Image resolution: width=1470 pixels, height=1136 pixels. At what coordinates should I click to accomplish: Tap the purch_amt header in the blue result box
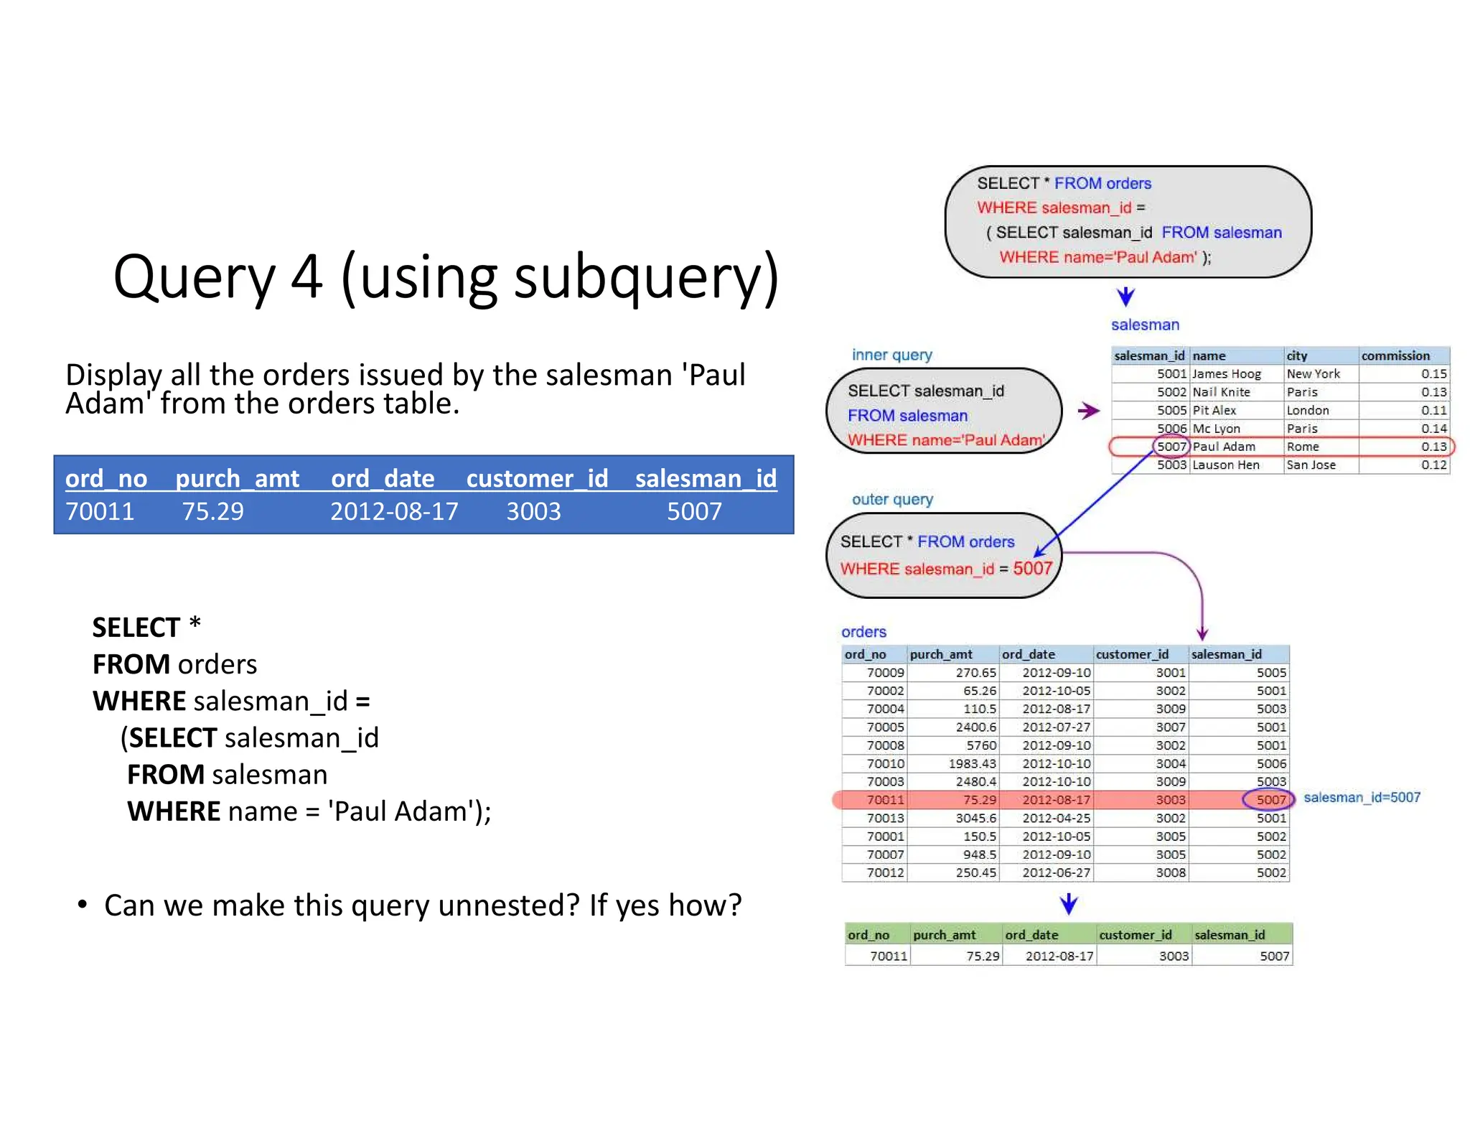(237, 478)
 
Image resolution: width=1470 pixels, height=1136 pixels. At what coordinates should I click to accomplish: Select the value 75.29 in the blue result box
(212, 511)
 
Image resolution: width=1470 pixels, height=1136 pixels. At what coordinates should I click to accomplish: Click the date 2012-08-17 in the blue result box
(393, 511)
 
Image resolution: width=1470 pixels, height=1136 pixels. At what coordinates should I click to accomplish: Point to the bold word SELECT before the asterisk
(136, 628)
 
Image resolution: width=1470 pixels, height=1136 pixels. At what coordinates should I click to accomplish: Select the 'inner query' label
(891, 355)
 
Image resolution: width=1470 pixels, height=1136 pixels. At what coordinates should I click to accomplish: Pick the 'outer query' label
(892, 499)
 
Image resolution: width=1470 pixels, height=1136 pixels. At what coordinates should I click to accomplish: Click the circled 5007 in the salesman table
(1171, 447)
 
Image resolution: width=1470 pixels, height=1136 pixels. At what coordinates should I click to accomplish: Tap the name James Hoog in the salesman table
(1227, 374)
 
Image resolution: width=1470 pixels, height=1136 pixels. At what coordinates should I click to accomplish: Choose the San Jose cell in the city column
(1311, 465)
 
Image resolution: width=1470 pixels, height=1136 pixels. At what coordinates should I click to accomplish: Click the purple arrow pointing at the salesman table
(1089, 411)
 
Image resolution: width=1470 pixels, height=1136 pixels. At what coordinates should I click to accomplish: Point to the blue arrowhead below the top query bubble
(1125, 296)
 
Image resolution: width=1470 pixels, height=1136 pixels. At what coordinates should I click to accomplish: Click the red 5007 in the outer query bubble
(1032, 569)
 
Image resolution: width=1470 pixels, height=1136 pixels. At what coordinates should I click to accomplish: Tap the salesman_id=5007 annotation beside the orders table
(1362, 798)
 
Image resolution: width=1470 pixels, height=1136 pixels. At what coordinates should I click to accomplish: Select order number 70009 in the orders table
(885, 673)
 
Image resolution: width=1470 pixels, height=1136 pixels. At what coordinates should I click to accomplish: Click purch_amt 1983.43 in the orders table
(972, 763)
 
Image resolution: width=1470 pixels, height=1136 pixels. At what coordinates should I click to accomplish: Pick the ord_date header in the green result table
(1031, 935)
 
